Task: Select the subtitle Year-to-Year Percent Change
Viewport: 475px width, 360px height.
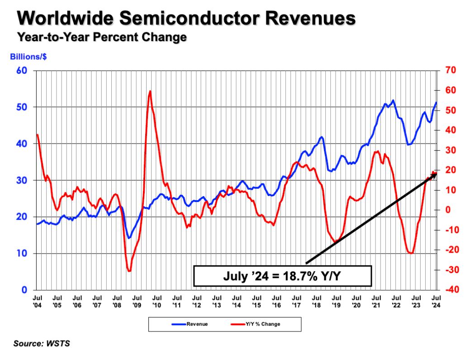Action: (102, 37)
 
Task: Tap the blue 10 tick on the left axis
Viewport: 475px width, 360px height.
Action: (23, 254)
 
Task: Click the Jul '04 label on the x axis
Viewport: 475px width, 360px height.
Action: (38, 302)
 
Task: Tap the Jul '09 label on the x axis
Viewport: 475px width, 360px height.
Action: (137, 302)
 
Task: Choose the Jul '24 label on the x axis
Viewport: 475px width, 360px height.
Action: (436, 302)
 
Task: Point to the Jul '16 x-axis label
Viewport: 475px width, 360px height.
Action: (276, 302)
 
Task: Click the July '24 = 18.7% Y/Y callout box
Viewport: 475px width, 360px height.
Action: (282, 276)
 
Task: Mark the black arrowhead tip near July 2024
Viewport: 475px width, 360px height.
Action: (437, 173)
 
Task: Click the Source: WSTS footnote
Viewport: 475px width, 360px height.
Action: (42, 344)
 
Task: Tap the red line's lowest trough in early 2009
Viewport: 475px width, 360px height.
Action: (129, 271)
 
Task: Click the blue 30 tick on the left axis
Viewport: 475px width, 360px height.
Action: (23, 180)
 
